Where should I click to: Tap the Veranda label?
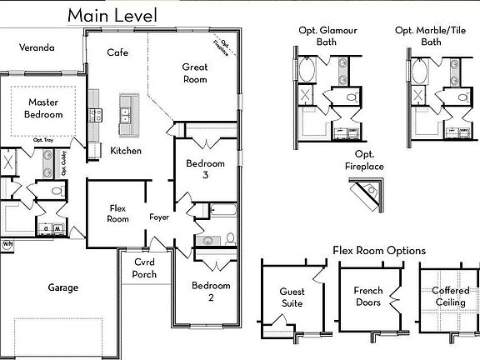click(37, 48)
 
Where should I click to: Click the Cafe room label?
click(117, 52)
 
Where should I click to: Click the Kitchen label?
click(126, 151)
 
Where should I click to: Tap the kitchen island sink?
click(127, 111)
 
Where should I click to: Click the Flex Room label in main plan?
click(119, 213)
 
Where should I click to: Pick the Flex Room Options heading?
click(379, 250)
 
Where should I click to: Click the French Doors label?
click(367, 297)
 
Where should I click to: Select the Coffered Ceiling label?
click(451, 297)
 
